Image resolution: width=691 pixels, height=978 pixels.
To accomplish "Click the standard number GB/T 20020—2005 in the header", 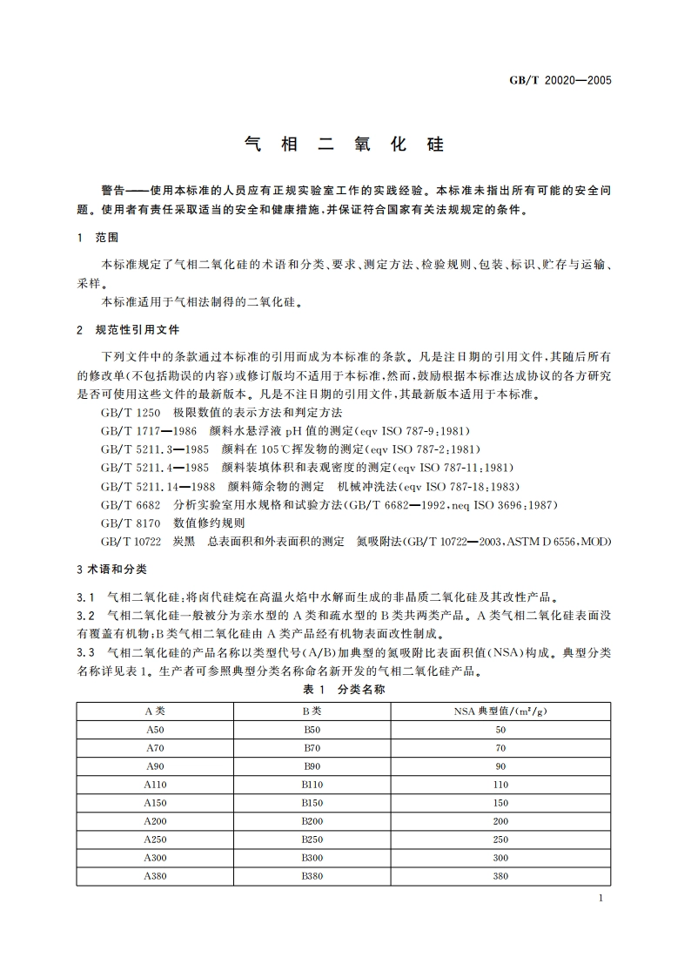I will click(x=560, y=81).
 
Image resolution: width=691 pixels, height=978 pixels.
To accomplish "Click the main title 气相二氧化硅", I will click(x=345, y=145).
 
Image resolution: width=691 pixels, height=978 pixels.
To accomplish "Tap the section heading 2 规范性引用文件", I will click(x=128, y=330).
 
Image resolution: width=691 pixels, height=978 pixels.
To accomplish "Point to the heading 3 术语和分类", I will click(x=112, y=570).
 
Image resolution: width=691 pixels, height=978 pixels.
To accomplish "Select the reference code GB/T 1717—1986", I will click(x=150, y=430).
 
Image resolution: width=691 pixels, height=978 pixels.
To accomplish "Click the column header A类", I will click(x=155, y=711).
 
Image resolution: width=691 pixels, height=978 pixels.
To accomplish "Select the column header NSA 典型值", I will click(x=500, y=711).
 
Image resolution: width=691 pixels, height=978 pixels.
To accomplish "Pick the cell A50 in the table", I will click(x=155, y=730).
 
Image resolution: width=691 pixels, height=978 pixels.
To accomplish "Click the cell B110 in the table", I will click(x=312, y=785).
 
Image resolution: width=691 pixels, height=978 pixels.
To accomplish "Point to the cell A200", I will click(x=155, y=821).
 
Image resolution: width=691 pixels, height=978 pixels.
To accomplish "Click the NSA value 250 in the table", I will click(x=500, y=840).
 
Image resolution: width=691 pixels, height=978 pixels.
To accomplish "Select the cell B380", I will click(x=312, y=876).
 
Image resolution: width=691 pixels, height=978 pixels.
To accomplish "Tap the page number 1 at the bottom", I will click(x=601, y=900).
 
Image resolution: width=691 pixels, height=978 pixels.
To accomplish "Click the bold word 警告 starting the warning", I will click(x=114, y=190).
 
